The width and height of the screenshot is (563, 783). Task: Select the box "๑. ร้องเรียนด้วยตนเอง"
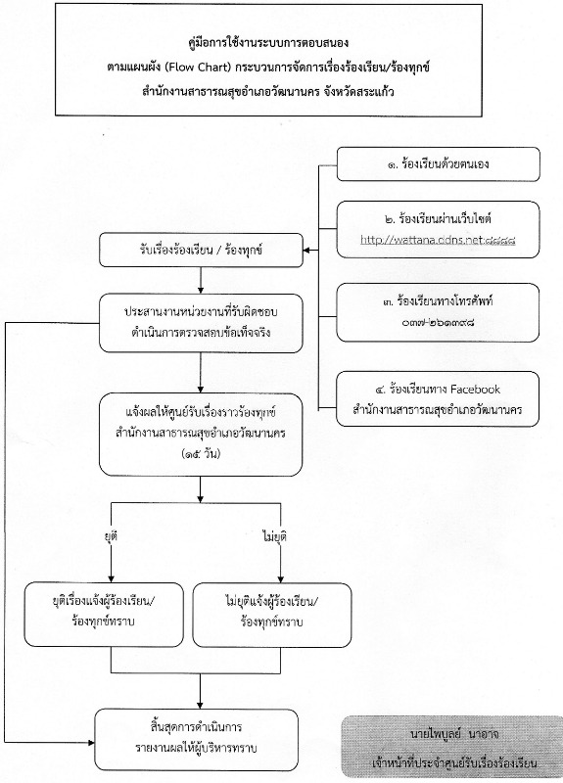pos(438,163)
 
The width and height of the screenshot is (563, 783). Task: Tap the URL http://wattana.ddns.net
pos(421,240)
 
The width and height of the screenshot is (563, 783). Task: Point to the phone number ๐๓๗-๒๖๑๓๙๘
pos(438,322)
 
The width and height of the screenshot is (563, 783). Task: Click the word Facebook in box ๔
pos(475,389)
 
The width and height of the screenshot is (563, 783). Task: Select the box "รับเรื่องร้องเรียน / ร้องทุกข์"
pos(201,250)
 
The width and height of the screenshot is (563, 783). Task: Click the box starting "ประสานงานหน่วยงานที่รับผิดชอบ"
pos(201,323)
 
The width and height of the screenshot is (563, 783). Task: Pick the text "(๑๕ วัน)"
pos(201,454)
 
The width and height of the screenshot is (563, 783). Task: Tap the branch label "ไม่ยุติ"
pos(274,536)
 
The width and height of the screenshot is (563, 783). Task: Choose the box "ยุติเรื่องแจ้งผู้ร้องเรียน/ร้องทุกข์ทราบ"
pos(104,615)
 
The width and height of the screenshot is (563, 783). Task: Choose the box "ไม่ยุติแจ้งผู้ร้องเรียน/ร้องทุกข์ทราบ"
pos(272,615)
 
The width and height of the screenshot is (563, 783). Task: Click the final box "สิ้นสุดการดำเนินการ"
pos(197,740)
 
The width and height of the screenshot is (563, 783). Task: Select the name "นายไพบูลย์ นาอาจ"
pos(454,734)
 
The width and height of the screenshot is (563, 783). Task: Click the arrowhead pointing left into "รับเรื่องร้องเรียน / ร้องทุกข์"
pos(307,250)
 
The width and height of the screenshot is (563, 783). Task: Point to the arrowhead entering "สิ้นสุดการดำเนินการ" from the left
pos(91,743)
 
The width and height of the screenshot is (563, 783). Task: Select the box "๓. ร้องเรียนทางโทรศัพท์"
pos(438,312)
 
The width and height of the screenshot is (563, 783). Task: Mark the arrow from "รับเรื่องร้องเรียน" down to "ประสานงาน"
pos(201,280)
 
